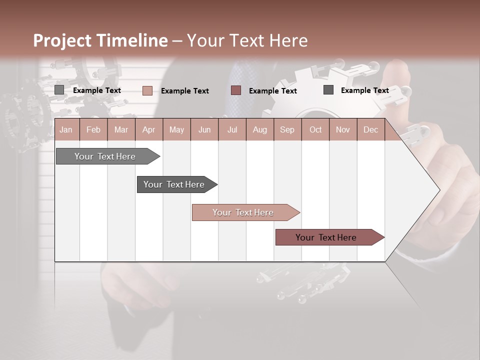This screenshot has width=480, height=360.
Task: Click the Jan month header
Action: click(66, 130)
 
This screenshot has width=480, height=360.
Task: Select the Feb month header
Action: click(93, 130)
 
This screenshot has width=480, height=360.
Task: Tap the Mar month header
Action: click(121, 130)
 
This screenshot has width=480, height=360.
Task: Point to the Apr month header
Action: click(148, 130)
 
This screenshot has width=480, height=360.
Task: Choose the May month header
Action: click(176, 130)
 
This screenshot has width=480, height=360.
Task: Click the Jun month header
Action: click(204, 130)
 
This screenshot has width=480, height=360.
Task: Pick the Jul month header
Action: click(232, 130)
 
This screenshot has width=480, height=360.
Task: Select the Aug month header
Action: click(259, 130)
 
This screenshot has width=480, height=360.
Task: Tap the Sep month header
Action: click(287, 130)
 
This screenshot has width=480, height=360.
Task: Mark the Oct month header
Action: click(315, 130)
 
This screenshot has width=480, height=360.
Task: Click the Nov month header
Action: click(343, 130)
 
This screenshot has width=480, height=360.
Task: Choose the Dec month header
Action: click(370, 130)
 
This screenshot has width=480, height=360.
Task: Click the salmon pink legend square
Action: click(147, 90)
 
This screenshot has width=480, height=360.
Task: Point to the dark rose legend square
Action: click(236, 90)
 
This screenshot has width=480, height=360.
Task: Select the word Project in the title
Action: click(61, 40)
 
